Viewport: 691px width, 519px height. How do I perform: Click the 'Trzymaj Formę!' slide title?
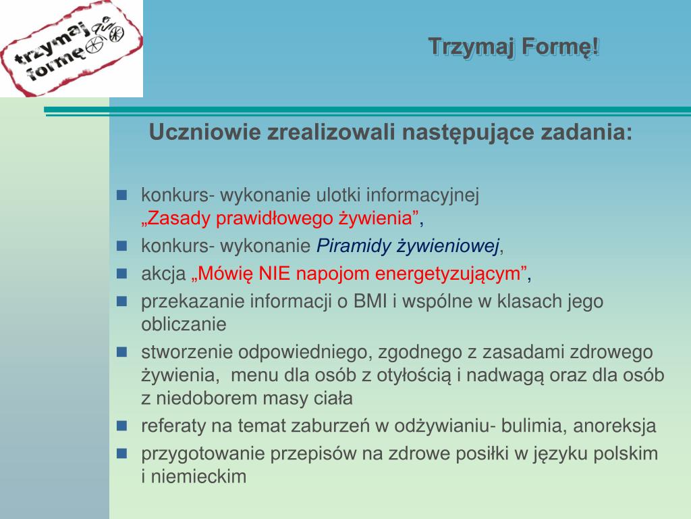[514, 47]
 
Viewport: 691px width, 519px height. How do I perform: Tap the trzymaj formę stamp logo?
[72, 48]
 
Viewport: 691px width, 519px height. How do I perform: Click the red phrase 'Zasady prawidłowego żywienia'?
[279, 218]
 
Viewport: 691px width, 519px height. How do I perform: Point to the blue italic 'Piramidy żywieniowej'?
[408, 246]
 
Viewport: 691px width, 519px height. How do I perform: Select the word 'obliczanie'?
[184, 324]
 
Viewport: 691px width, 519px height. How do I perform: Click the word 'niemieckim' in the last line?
[199, 476]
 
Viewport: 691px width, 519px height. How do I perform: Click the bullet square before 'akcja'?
[121, 274]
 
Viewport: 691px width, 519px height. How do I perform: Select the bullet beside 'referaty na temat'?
[121, 426]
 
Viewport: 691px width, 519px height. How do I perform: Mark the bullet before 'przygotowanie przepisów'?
[121, 453]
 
